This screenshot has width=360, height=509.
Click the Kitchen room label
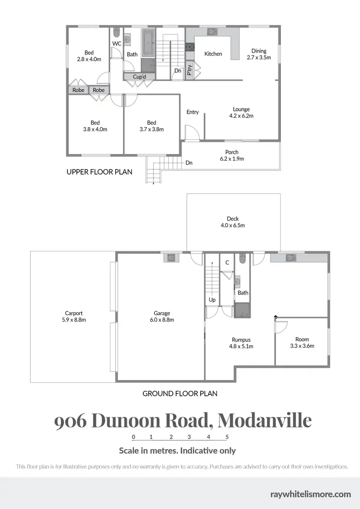(213, 54)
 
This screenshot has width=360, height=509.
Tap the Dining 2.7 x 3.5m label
(259, 54)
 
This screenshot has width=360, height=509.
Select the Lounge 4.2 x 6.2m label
(241, 112)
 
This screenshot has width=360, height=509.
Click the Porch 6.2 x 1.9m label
(232, 155)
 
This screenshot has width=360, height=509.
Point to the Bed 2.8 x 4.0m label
(89, 56)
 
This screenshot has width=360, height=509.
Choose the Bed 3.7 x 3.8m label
(152, 126)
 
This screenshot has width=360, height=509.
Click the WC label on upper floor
(117, 44)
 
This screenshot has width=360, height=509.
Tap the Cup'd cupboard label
(133, 77)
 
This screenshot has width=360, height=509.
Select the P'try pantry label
(190, 71)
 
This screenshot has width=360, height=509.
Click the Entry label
(192, 112)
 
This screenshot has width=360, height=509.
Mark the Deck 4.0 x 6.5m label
(233, 222)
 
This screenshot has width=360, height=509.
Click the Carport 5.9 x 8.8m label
(74, 316)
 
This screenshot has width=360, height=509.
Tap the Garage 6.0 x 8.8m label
(161, 316)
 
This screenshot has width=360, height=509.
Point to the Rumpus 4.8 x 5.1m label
(241, 343)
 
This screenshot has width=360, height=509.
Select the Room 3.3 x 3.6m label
(302, 343)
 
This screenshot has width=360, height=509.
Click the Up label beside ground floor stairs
(212, 300)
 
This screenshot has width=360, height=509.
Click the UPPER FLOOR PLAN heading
(99, 171)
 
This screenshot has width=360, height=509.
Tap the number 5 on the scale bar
(227, 437)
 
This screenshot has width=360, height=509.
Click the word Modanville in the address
(264, 420)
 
